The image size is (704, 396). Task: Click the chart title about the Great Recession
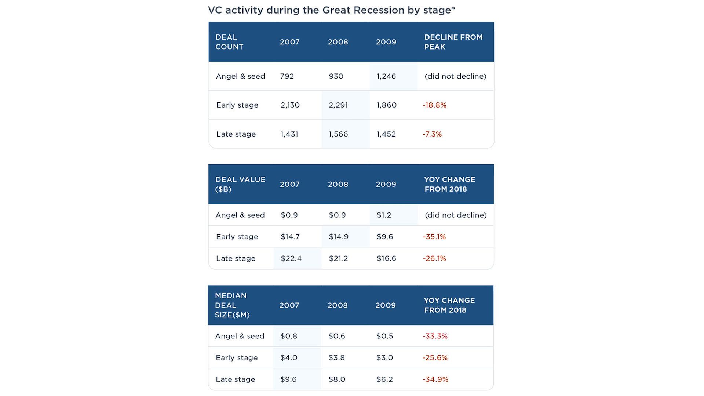pyautogui.click(x=331, y=10)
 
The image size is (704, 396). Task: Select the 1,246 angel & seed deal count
pyautogui.click(x=386, y=76)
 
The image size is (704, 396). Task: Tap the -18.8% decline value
pyautogui.click(x=434, y=105)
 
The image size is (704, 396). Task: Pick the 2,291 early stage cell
pyautogui.click(x=338, y=105)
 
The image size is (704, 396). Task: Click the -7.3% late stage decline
pyautogui.click(x=432, y=134)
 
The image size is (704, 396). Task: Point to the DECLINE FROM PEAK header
pyautogui.click(x=453, y=42)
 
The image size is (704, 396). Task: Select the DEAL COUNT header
pyautogui.click(x=229, y=42)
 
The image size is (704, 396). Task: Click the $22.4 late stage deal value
pyautogui.click(x=291, y=258)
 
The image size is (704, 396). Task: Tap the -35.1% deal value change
pyautogui.click(x=434, y=237)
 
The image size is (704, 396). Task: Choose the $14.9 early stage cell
pyautogui.click(x=338, y=237)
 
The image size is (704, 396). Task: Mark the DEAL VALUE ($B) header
pyautogui.click(x=240, y=184)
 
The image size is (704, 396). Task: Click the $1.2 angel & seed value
pyautogui.click(x=384, y=215)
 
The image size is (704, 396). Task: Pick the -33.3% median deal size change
pyautogui.click(x=435, y=336)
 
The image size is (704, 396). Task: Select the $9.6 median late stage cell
pyautogui.click(x=288, y=379)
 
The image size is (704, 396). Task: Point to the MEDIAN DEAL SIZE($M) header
pyautogui.click(x=232, y=305)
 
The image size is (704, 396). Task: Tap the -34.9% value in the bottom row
pyautogui.click(x=435, y=379)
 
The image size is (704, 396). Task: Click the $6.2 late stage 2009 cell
pyautogui.click(x=384, y=379)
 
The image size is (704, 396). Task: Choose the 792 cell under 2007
pyautogui.click(x=287, y=76)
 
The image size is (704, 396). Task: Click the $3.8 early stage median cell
pyautogui.click(x=336, y=358)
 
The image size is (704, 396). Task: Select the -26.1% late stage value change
pyautogui.click(x=434, y=258)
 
